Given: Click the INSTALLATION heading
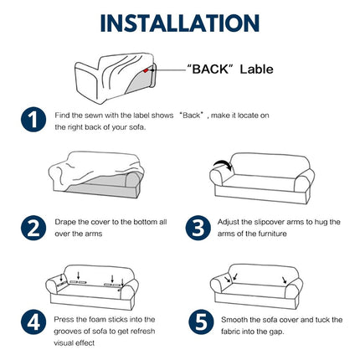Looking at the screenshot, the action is click(180, 23).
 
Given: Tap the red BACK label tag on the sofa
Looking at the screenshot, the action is click(146, 70).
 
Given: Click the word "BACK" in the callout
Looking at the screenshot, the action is click(211, 69).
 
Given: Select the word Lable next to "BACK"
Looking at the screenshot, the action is click(257, 69).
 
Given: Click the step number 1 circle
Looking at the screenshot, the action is click(33, 119).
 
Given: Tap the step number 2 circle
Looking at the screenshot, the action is click(33, 228).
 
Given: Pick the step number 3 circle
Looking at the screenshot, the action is click(198, 228).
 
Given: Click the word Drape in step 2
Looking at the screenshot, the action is click(65, 223).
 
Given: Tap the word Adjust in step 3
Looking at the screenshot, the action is click(229, 223).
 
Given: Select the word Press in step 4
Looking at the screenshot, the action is click(64, 319).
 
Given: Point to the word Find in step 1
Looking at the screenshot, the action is click(61, 116).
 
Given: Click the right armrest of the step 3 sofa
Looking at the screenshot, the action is click(303, 184).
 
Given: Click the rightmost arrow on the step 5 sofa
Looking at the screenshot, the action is click(285, 280).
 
